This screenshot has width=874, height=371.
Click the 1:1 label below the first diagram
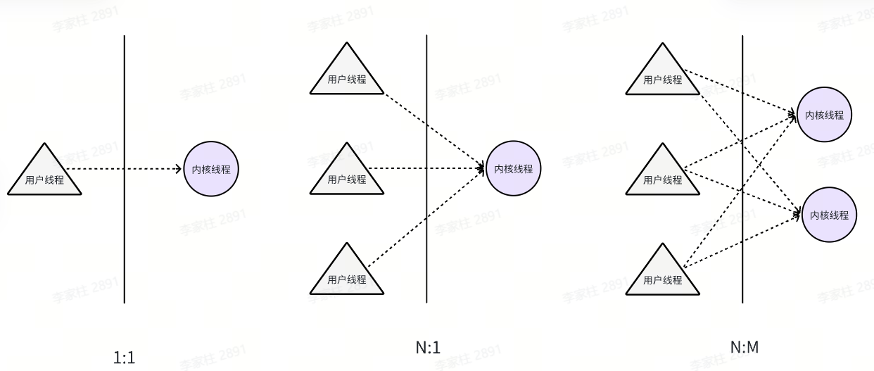(x=124, y=358)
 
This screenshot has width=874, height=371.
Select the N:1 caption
(x=428, y=346)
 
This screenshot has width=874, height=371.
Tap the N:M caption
(x=744, y=346)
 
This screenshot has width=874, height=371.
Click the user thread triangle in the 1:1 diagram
(x=44, y=176)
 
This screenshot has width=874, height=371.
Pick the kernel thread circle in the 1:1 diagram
(x=211, y=169)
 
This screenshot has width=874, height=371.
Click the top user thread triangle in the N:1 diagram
(x=347, y=75)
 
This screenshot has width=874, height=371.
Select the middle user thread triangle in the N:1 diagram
(x=347, y=175)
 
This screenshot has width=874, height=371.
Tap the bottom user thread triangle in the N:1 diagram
(x=347, y=275)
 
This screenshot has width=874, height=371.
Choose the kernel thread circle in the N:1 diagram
(x=513, y=169)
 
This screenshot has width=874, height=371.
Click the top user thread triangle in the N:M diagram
(x=663, y=75)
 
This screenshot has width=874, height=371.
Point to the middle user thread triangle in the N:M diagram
(x=663, y=175)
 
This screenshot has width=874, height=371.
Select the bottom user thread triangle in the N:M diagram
(x=663, y=275)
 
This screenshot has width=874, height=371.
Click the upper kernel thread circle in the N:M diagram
(x=824, y=115)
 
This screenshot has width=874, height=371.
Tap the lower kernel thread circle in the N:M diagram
(x=829, y=215)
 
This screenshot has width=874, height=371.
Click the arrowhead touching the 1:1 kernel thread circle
(x=179, y=169)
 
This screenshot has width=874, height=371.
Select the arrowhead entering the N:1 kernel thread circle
(x=481, y=169)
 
